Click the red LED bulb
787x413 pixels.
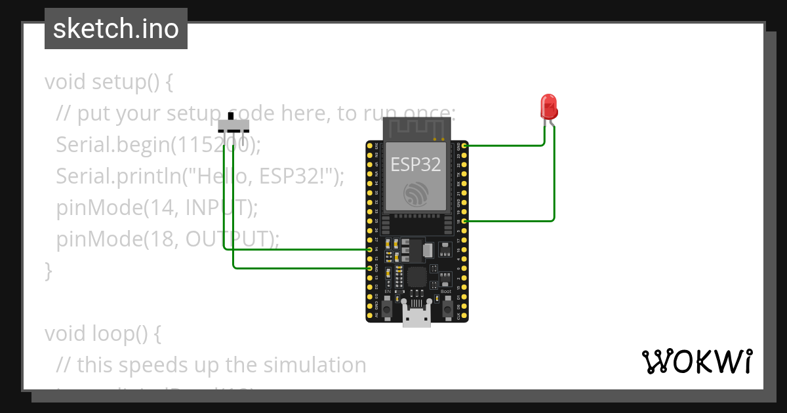(548, 106)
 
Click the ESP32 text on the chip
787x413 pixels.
(416, 164)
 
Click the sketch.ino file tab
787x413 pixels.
(116, 29)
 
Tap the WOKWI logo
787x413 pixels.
(696, 361)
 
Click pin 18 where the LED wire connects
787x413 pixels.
(464, 222)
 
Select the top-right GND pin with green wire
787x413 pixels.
(464, 146)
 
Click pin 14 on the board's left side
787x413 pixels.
(370, 250)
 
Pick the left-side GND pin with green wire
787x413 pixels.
(370, 268)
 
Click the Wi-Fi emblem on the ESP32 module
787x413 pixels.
(416, 193)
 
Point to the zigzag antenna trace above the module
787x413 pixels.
(416, 128)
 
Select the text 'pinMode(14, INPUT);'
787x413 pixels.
(157, 207)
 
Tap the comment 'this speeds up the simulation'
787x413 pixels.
(222, 364)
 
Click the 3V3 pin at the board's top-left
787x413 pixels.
(370, 146)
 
